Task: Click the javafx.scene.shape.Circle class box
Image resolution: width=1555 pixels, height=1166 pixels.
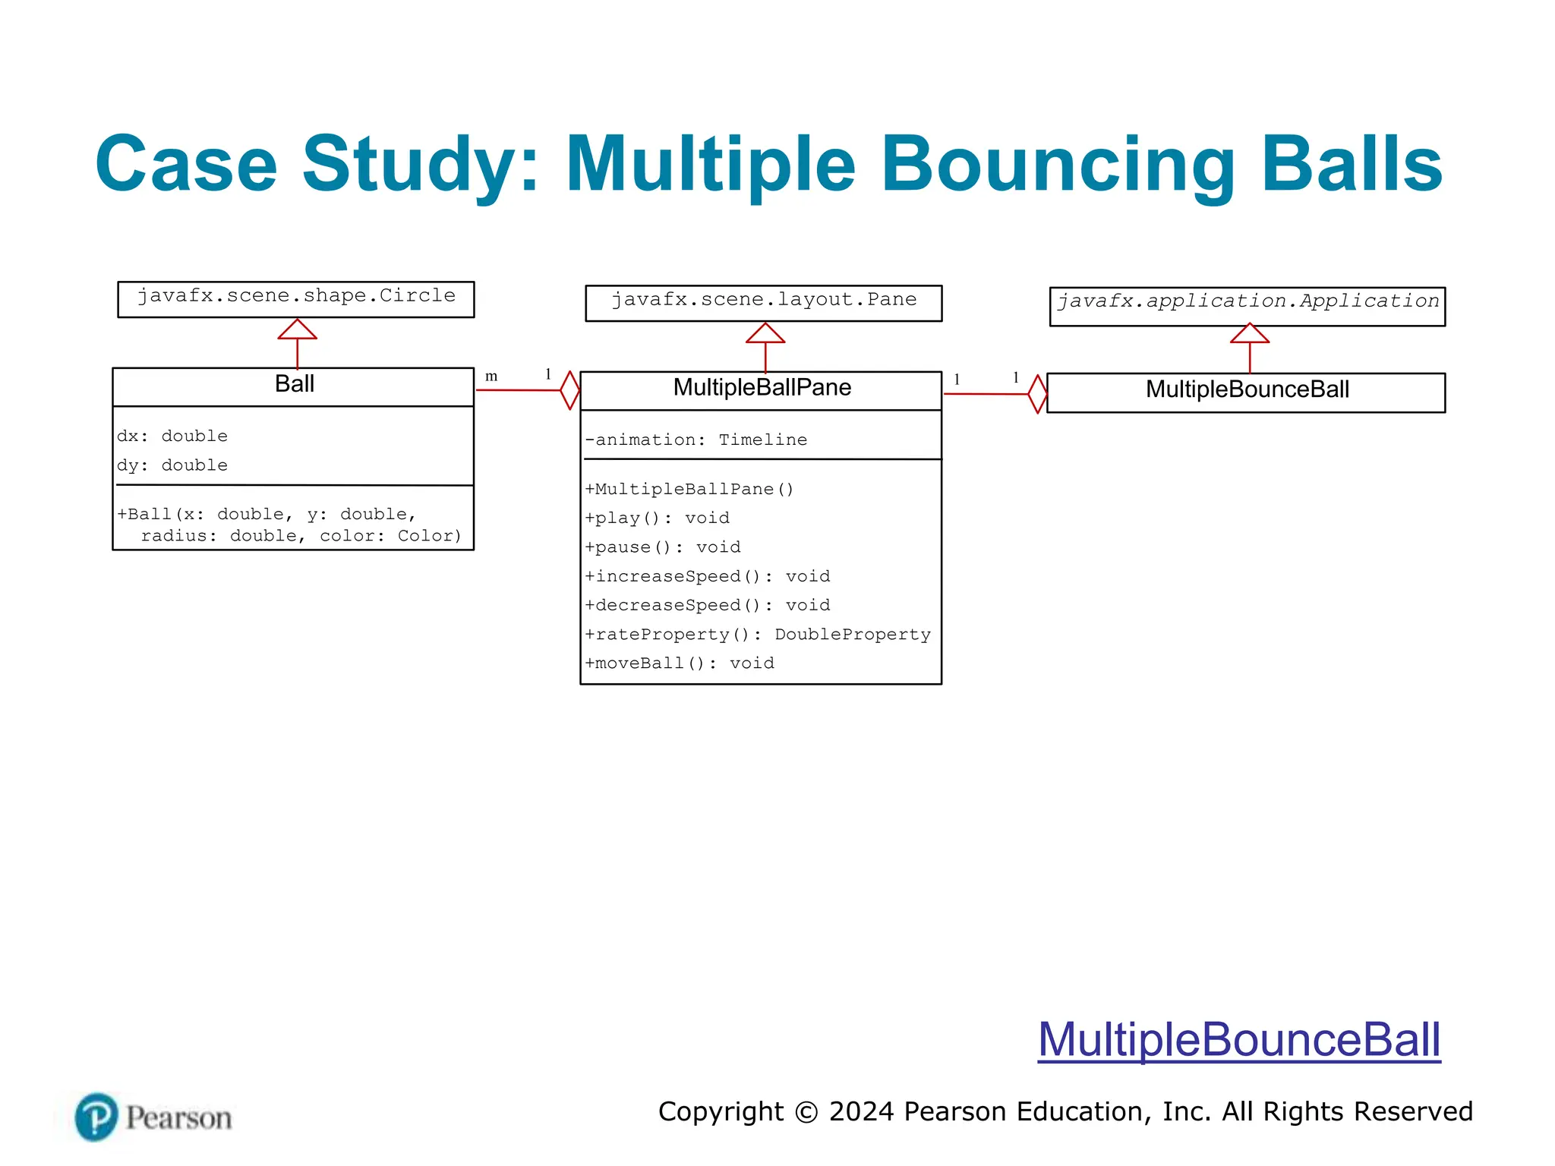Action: (x=296, y=298)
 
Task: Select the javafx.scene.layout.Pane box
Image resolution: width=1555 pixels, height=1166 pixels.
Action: (x=763, y=302)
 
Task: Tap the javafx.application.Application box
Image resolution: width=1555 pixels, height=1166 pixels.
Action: (x=1247, y=305)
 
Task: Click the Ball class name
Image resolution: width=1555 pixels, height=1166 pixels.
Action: (x=294, y=384)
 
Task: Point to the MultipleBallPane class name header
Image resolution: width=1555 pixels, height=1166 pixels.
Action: (x=762, y=388)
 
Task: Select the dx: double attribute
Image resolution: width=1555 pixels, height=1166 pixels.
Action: (x=172, y=436)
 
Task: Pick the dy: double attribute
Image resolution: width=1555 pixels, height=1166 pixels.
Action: (x=172, y=465)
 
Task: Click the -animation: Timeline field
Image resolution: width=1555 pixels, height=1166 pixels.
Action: (x=695, y=440)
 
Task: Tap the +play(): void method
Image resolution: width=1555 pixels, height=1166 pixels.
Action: (x=657, y=518)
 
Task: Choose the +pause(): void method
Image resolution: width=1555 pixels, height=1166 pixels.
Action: (x=662, y=547)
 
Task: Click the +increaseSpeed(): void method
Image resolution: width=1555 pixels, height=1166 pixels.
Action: (x=707, y=576)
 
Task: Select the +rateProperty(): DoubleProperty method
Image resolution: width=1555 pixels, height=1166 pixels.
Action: (x=757, y=634)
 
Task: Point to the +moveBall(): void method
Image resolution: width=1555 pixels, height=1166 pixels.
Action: (x=679, y=663)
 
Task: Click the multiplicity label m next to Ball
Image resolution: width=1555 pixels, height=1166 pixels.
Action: (x=491, y=377)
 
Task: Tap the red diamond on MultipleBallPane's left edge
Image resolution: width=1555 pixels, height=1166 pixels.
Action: (x=570, y=390)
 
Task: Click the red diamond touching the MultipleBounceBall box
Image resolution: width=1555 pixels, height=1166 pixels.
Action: (x=1037, y=394)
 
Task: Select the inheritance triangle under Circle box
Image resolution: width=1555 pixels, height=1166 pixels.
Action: (x=297, y=329)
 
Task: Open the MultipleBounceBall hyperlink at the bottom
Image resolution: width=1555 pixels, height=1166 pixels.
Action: (x=1238, y=1039)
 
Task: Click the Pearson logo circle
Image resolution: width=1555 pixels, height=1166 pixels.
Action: (x=96, y=1117)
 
